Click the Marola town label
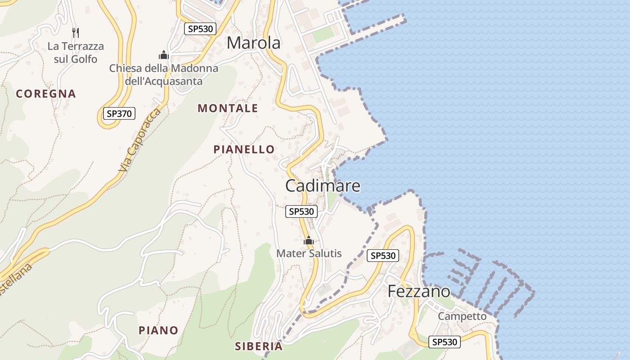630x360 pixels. coord(254,43)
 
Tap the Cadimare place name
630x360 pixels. coord(323,185)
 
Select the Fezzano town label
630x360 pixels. coord(418,291)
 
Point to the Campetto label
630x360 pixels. coord(462,316)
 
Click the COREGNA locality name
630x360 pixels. coord(46,94)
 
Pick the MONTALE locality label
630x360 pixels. coord(228,108)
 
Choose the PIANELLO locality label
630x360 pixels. coord(244,149)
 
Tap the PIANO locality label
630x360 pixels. coord(158,330)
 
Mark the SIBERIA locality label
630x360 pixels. coord(259,346)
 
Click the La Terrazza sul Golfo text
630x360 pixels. coord(76,52)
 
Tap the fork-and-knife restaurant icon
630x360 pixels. coord(76,32)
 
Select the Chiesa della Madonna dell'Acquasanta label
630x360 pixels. coord(164,75)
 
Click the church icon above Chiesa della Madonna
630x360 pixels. coord(163,55)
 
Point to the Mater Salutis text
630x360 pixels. coord(309,253)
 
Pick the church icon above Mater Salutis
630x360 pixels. coord(308,241)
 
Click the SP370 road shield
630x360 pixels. coord(119,113)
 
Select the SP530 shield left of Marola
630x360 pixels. coord(200,29)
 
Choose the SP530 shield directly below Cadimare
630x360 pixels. coord(301,211)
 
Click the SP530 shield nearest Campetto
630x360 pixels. coord(444,342)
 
